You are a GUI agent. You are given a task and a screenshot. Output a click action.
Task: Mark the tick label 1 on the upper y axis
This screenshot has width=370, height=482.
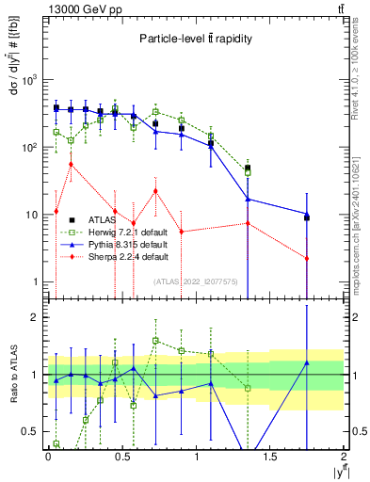[36, 282]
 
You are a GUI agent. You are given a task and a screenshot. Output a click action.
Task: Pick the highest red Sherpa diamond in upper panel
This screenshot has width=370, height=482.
[71, 165]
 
